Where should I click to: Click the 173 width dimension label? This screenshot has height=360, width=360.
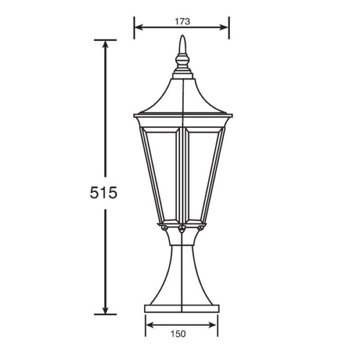tap(183, 21)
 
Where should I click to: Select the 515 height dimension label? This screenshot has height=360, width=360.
tap(103, 193)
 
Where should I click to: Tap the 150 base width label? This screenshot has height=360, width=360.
tap(178, 334)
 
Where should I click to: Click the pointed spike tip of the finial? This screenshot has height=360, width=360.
tap(183, 35)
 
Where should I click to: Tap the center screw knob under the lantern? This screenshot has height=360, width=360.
tap(182, 228)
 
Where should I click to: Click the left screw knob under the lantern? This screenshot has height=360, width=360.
tap(164, 228)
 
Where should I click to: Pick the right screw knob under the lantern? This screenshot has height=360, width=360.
tap(200, 228)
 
